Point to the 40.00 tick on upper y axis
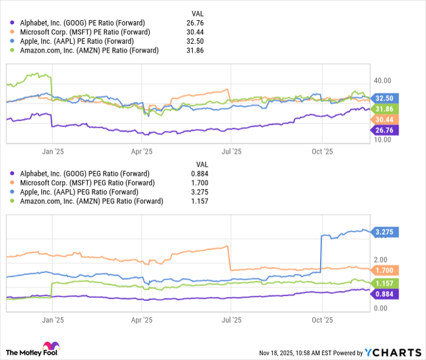383,80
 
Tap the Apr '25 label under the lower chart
141,319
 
